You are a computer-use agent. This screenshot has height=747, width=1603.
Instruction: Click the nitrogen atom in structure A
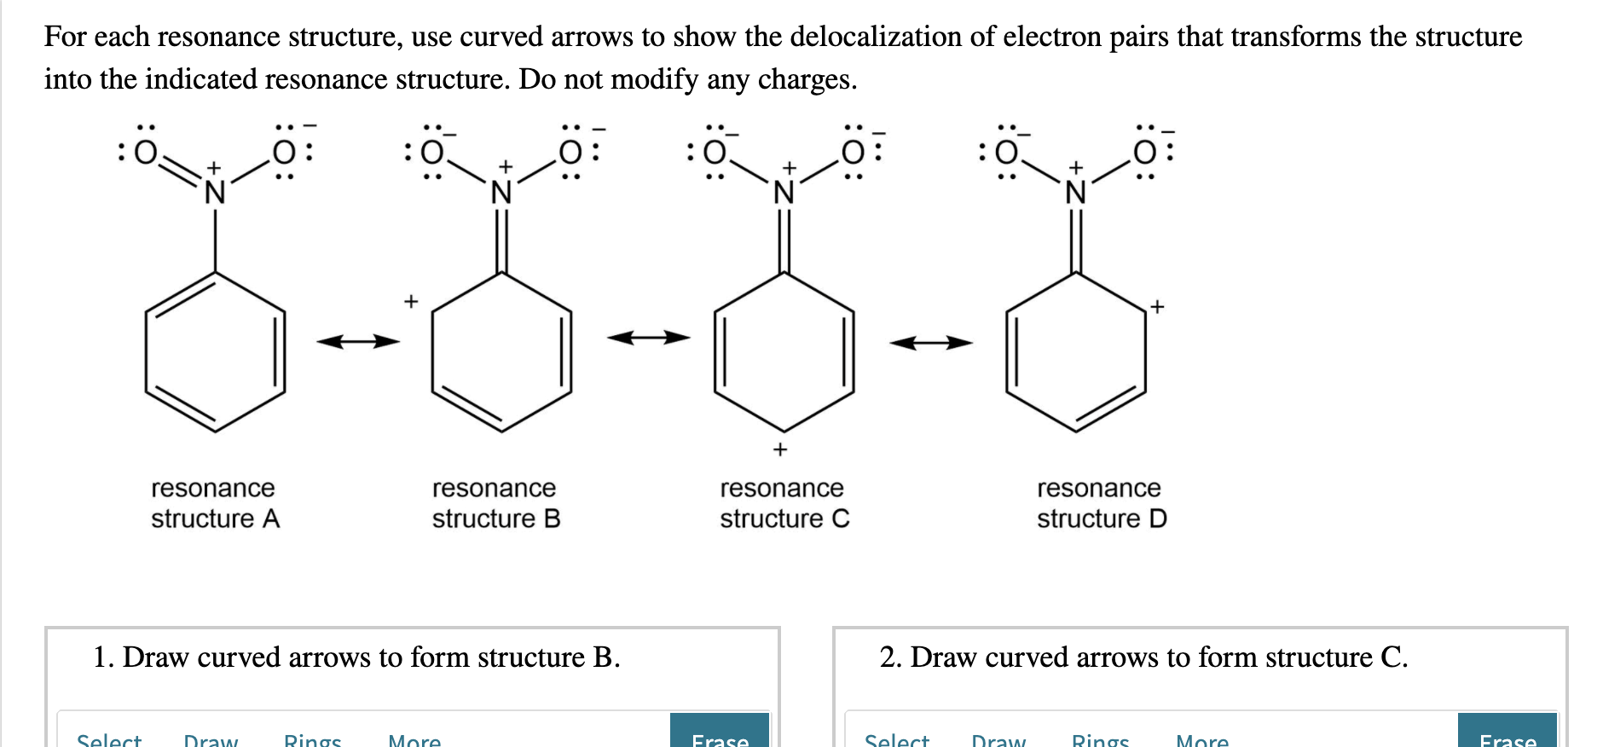click(x=215, y=194)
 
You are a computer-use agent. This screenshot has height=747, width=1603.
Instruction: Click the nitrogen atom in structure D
click(x=1076, y=194)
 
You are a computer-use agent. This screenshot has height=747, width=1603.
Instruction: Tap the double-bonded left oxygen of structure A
click(x=147, y=153)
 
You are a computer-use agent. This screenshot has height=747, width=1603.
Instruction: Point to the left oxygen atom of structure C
click(x=715, y=153)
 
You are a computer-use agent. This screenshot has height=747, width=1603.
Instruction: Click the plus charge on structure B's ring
click(x=411, y=301)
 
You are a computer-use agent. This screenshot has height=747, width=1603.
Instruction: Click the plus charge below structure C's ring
click(x=779, y=449)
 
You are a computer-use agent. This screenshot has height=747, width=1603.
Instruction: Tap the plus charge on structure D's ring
click(x=1156, y=306)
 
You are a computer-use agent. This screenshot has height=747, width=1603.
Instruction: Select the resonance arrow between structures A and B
click(x=358, y=342)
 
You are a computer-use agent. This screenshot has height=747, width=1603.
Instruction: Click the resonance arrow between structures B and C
click(x=648, y=338)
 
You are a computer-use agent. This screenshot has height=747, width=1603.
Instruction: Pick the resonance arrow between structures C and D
click(x=930, y=343)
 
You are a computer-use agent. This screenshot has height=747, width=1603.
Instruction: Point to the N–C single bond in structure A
click(x=215, y=240)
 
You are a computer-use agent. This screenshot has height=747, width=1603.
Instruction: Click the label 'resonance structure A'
click(x=214, y=503)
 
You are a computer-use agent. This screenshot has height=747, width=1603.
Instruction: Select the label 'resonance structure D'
click(x=1101, y=503)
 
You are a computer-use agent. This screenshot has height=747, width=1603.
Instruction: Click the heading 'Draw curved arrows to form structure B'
click(x=356, y=657)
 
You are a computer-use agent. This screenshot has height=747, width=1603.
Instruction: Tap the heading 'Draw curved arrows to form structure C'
click(x=1143, y=657)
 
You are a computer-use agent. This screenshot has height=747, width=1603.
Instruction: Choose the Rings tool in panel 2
click(x=1100, y=738)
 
